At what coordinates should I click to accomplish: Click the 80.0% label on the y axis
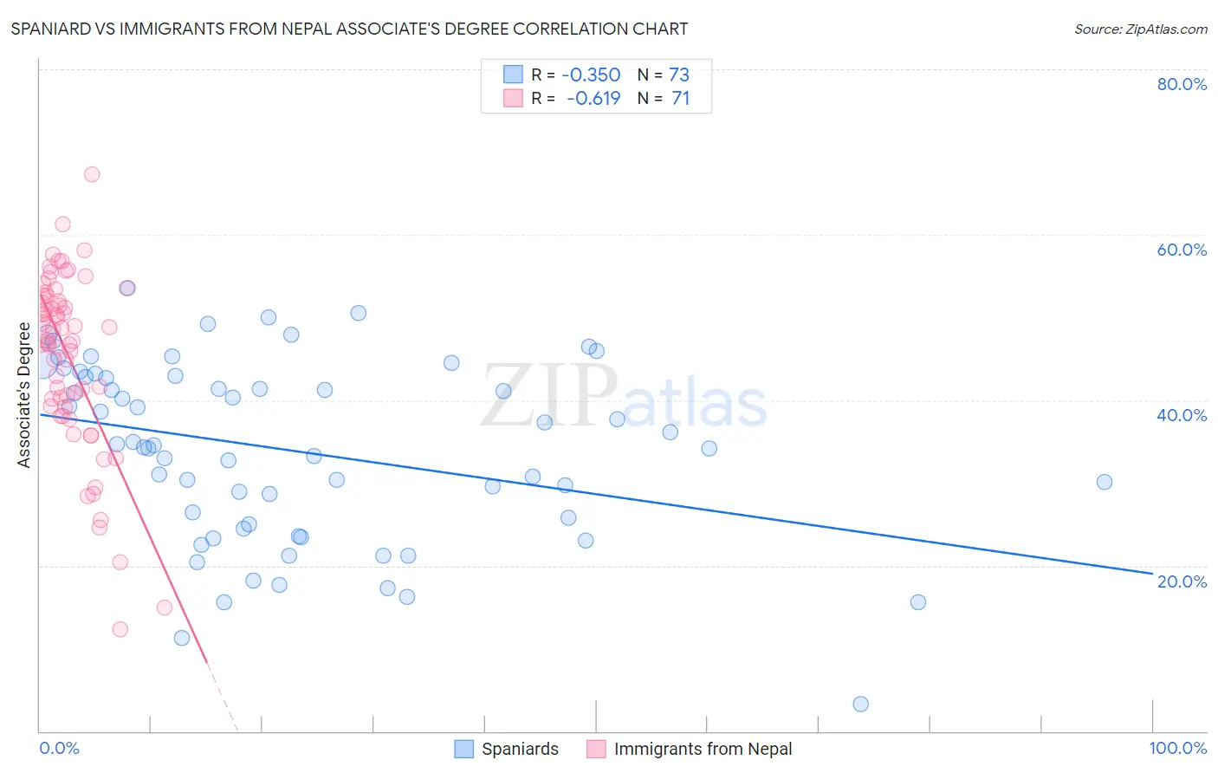1182,84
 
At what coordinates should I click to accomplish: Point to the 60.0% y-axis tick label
1182,250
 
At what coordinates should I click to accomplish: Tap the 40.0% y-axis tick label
1182,415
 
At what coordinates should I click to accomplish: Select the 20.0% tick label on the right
1182,581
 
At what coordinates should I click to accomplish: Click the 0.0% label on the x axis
59,748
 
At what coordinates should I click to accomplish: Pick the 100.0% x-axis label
1177,748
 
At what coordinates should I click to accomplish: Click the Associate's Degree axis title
24,395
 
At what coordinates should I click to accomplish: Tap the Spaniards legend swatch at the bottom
464,749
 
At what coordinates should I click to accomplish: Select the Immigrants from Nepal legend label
703,749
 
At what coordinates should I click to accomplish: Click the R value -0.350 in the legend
591,75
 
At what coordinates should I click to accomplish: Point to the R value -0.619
593,98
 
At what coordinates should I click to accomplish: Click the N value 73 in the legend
679,75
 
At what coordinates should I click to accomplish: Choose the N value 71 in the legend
681,98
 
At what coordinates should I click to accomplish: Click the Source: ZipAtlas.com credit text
1140,29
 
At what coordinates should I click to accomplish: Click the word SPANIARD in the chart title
54,29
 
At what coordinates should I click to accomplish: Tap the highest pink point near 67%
92,174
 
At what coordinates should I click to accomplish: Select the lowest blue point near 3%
860,704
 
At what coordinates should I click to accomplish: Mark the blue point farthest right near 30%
1105,482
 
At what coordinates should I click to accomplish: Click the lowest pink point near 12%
120,629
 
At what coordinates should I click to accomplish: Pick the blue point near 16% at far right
918,602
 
